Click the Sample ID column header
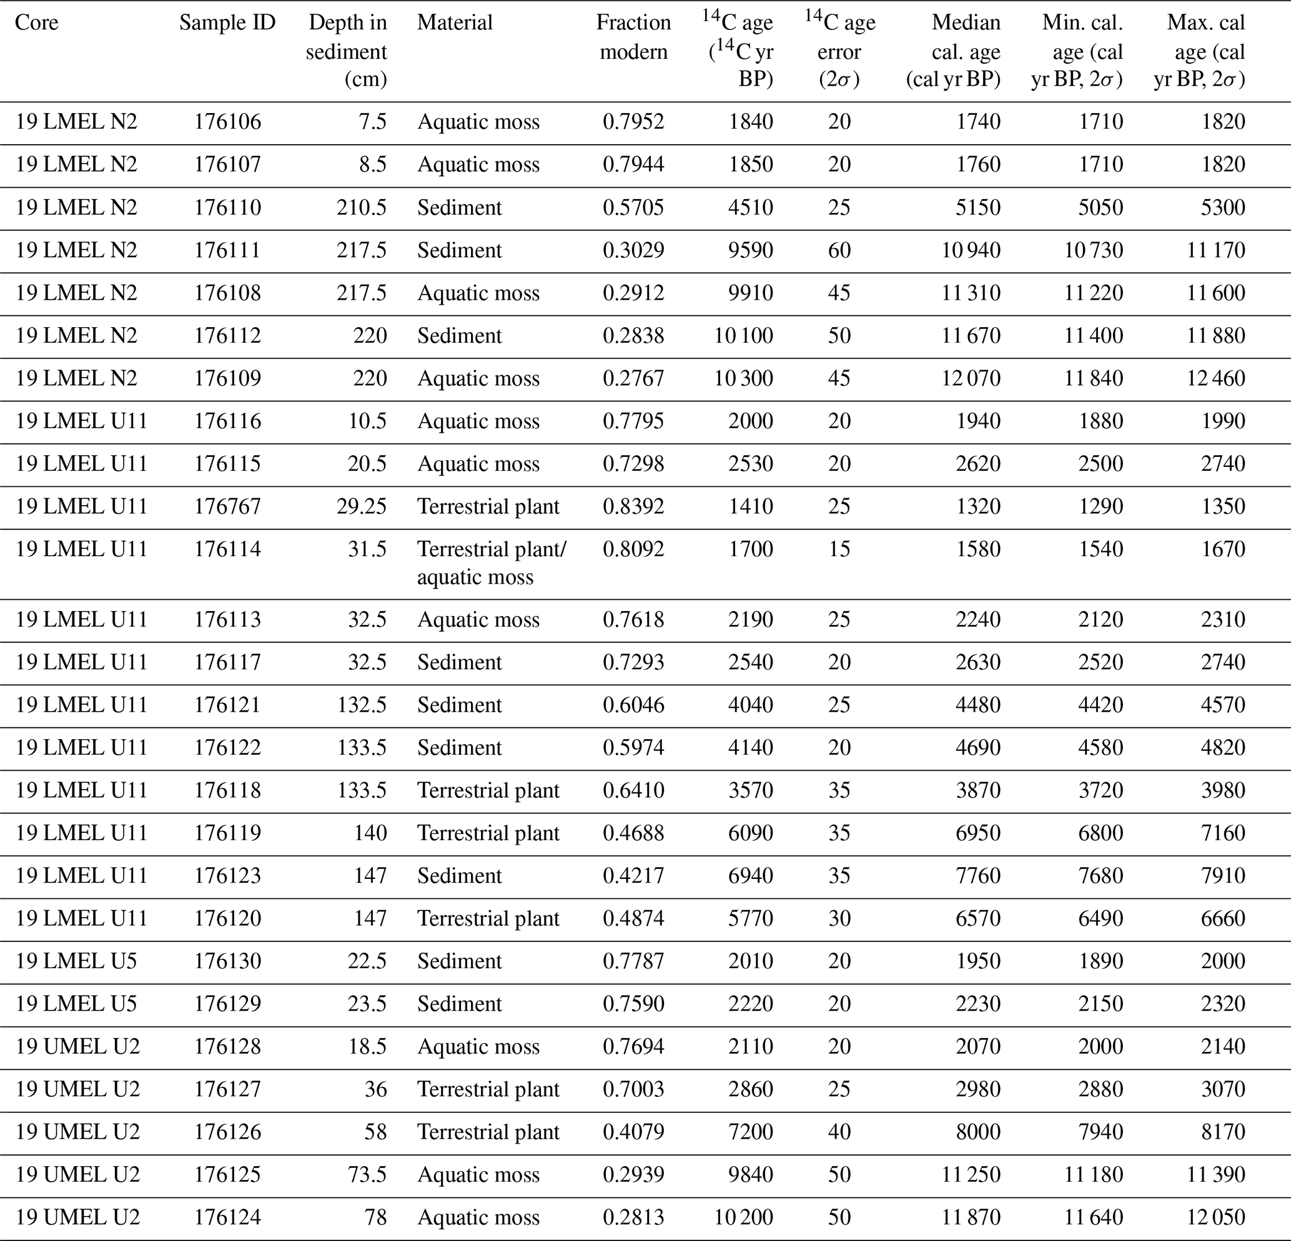[227, 22]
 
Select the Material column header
[455, 22]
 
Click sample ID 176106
[227, 122]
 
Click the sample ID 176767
[227, 506]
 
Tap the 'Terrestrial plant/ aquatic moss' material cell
[492, 563]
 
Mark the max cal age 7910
[1222, 876]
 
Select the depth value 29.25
[361, 506]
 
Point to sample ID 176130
[227, 961]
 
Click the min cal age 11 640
[1094, 1217]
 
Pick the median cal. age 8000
[978, 1132]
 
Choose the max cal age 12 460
[1216, 378]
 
